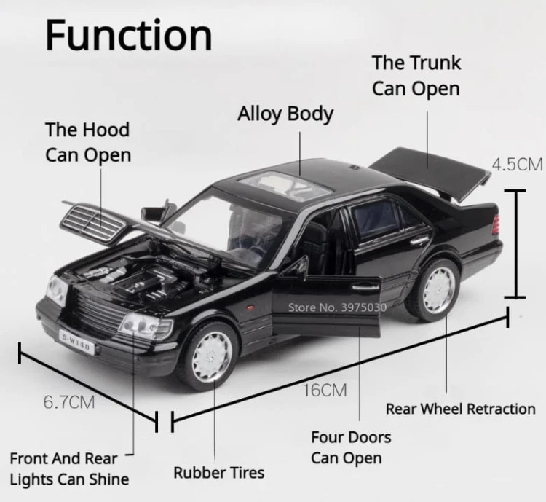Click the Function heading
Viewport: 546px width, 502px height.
pos(129,35)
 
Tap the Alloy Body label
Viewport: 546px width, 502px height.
pos(285,114)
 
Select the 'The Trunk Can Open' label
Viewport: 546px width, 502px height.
pos(416,76)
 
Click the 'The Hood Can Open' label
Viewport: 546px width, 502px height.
pos(87,142)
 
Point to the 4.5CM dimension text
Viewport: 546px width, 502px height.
pos(517,164)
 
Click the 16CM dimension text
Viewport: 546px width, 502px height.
pos(325,390)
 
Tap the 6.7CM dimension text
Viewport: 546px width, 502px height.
pos(69,401)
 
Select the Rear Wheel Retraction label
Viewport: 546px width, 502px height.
pos(460,409)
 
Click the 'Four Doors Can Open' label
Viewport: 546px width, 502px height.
pos(351,447)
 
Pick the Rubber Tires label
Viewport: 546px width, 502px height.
pos(218,473)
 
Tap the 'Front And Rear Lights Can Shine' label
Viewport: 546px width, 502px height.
pos(69,468)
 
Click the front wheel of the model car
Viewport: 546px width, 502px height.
pos(211,355)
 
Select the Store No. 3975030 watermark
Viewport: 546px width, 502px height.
pos(336,307)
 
